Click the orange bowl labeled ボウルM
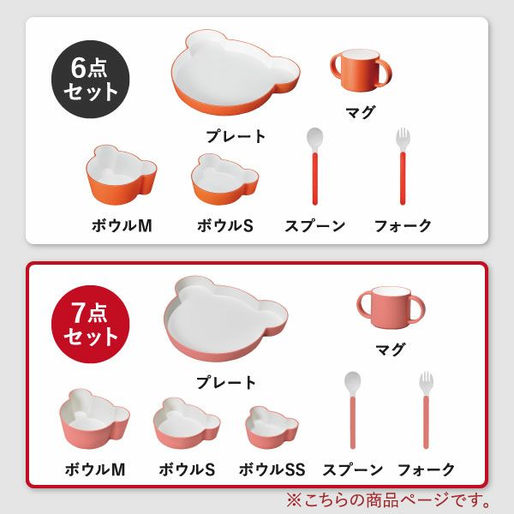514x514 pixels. click(x=121, y=175)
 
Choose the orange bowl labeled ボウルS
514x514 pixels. click(x=224, y=178)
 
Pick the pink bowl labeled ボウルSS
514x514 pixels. click(x=272, y=427)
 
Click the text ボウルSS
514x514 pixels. click(x=272, y=469)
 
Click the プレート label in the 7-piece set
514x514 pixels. click(x=226, y=382)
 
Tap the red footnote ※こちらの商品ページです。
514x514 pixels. click(x=391, y=499)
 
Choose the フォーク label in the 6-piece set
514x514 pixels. click(x=403, y=226)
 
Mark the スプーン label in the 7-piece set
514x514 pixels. click(x=352, y=469)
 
